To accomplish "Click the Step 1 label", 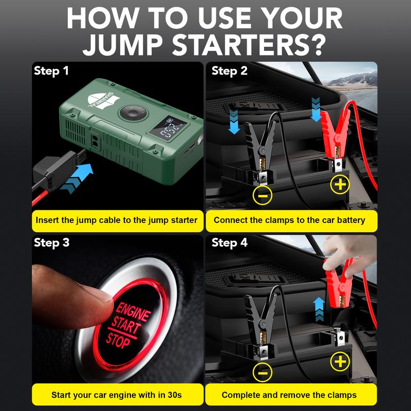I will click(51, 71).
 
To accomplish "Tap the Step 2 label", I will click(230, 71).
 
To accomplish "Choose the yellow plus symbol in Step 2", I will click(340, 184).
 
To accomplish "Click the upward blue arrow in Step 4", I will click(318, 307).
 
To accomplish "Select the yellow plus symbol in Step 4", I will click(340, 362).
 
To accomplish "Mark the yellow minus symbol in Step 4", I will click(262, 372).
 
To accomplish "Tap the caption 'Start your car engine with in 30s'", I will click(116, 395).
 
